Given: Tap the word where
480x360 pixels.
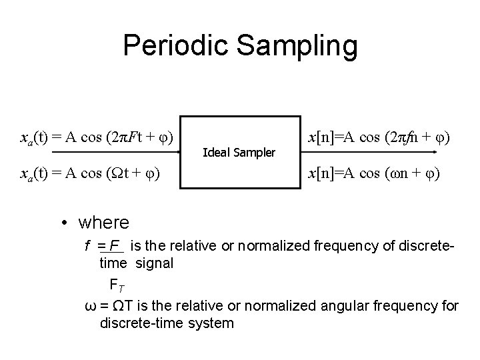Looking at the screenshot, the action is (x=103, y=221).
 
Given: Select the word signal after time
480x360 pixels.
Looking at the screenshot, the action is (x=155, y=263).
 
